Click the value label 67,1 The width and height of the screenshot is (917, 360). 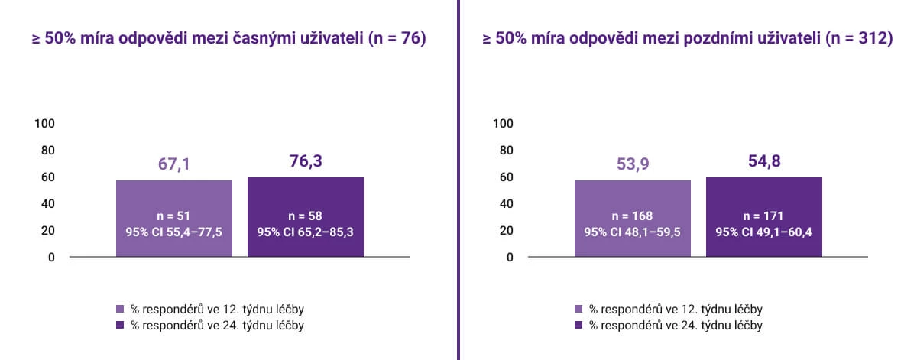click(174, 164)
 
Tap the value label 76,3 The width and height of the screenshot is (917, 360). click(306, 161)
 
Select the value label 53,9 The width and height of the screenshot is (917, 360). click(633, 164)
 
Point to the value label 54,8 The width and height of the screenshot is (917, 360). click(764, 161)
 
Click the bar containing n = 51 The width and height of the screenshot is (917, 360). click(174, 219)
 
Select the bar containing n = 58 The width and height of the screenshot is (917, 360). click(306, 217)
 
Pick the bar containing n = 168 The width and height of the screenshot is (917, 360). click(633, 219)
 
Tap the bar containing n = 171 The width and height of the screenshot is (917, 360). click(764, 217)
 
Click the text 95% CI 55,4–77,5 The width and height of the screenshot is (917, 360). click(174, 232)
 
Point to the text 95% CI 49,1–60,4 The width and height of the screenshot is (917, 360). click(764, 232)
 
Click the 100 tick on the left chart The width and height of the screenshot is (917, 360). click(44, 124)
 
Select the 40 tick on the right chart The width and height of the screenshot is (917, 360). click(507, 204)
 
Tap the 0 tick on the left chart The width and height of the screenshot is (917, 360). click(51, 258)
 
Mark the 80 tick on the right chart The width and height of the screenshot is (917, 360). click(507, 151)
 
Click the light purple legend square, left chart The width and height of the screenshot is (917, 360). click(120, 309)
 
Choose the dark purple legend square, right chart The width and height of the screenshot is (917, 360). click(578, 325)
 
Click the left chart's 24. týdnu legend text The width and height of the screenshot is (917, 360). click(217, 326)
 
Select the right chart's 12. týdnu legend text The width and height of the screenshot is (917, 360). click(676, 310)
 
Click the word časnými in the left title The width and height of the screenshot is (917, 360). click(264, 38)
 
